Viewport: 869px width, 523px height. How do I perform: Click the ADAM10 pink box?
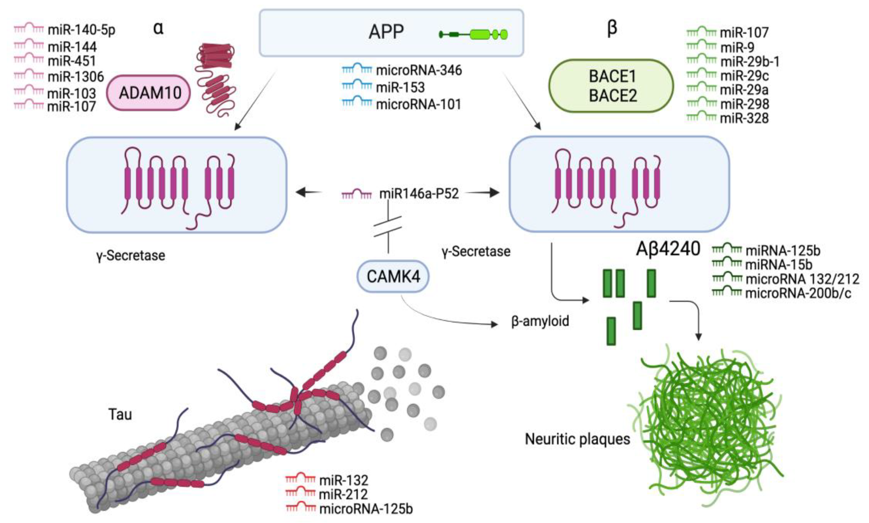(148, 93)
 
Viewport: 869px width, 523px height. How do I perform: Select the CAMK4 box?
(393, 277)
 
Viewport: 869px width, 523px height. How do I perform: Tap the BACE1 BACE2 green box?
(611, 86)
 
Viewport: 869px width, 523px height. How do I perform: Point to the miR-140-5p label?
(81, 30)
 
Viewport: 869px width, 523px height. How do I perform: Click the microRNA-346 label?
(419, 70)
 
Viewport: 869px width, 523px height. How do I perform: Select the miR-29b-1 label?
(750, 62)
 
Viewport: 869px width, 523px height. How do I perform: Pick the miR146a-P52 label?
(419, 193)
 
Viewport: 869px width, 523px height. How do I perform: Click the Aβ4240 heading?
(668, 249)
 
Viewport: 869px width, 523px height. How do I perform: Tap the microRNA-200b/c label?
(798, 293)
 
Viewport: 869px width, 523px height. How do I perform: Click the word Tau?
(120, 414)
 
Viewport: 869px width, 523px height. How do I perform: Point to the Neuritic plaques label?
(577, 439)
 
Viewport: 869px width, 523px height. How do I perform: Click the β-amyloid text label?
(540, 321)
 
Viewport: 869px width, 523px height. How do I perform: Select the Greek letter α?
(158, 28)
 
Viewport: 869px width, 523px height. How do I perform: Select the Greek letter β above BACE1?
(612, 28)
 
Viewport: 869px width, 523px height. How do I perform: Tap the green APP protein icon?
(473, 34)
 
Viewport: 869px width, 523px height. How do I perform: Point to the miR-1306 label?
(76, 76)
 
